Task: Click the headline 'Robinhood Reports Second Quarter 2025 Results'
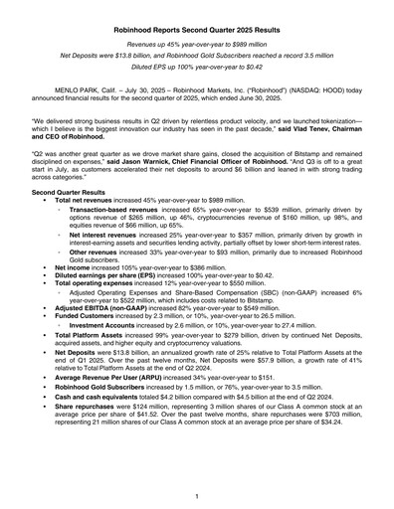pyautogui.click(x=197, y=32)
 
